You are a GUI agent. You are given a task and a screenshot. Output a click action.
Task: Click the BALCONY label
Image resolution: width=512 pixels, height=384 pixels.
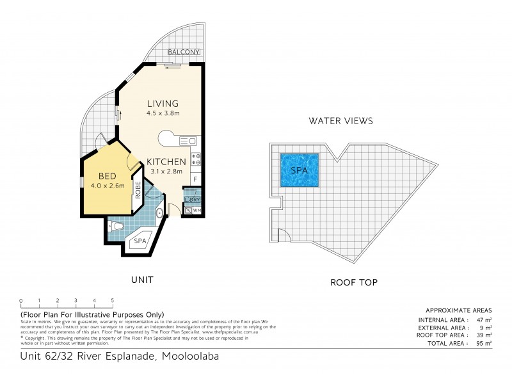184,52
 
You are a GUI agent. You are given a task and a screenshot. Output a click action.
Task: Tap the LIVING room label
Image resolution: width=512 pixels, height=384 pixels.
162,104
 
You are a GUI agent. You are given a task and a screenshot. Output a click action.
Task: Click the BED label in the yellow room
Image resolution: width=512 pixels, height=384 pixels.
107,177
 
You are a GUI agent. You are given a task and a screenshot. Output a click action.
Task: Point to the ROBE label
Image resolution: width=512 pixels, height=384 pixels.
138,190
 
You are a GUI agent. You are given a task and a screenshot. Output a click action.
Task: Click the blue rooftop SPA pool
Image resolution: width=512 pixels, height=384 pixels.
300,171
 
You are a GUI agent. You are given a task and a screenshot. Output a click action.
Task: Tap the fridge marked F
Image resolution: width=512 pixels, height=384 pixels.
195,180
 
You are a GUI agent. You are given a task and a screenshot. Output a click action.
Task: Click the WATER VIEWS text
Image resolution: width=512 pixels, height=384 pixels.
340,120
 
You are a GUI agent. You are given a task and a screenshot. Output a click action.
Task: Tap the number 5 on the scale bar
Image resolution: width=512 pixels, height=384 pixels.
112,300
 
